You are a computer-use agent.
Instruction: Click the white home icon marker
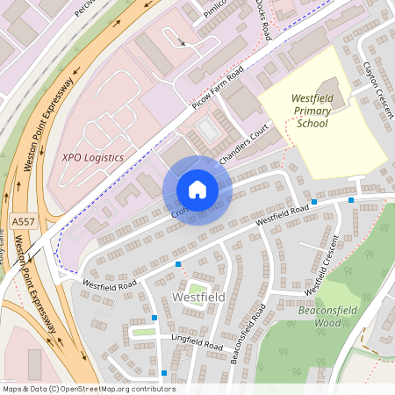pyautogui.click(x=197, y=189)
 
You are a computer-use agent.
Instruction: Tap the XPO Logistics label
pyautogui.click(x=92, y=157)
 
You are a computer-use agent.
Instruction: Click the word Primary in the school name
pyautogui.click(x=312, y=112)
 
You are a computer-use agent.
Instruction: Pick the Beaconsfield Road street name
pyautogui.click(x=248, y=334)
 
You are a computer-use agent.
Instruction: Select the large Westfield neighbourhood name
pyautogui.click(x=199, y=298)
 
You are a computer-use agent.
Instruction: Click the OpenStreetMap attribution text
pyautogui.click(x=88, y=389)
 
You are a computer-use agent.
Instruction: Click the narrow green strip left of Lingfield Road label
pyautogui.click(x=145, y=332)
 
